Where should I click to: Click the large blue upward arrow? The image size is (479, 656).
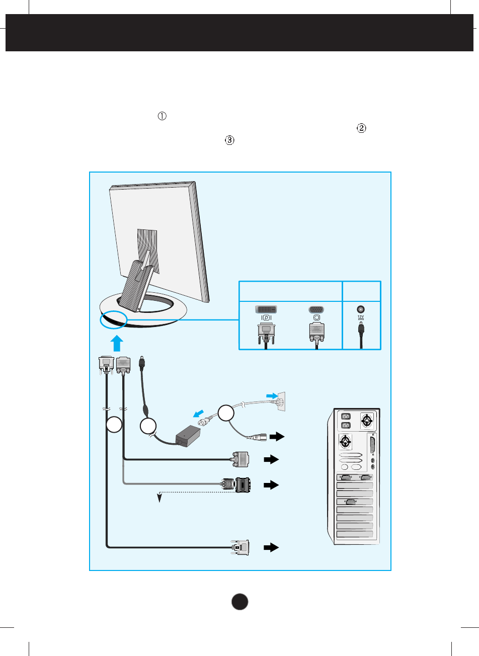pos(116,344)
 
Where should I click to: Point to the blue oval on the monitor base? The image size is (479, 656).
pos(113,320)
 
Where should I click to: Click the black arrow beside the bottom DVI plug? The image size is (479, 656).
pos(271,547)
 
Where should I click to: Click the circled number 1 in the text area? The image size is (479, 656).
pos(162,116)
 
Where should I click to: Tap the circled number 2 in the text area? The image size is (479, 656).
pos(361,128)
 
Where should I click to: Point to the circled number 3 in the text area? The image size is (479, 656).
pos(229,141)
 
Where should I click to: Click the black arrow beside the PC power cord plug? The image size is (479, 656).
pos(277,436)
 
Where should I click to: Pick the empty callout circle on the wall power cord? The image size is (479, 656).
pos(226,414)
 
